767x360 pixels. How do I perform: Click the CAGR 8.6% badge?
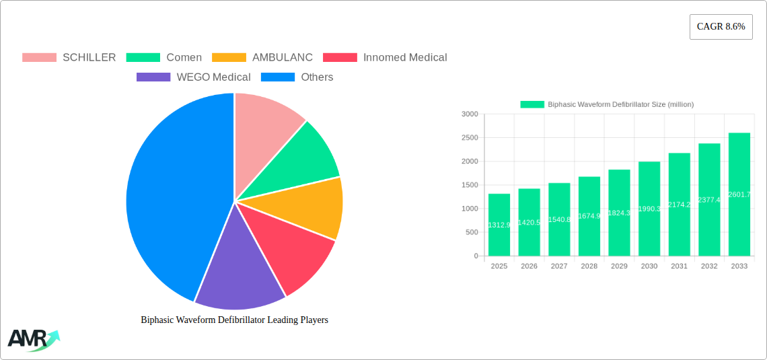pyautogui.click(x=721, y=27)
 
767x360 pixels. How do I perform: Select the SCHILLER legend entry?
pyautogui.click(x=69, y=58)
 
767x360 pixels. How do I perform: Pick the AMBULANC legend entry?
pyautogui.click(x=262, y=58)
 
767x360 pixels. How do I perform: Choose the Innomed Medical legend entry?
pyautogui.click(x=386, y=58)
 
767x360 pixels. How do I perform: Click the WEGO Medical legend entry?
pyautogui.click(x=194, y=77)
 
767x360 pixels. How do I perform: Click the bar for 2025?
pyautogui.click(x=499, y=225)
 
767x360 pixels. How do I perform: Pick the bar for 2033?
pyautogui.click(x=739, y=194)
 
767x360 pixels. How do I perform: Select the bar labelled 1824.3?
pyautogui.click(x=619, y=213)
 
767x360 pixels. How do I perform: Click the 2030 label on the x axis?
pyautogui.click(x=649, y=266)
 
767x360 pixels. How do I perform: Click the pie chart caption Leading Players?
pyautogui.click(x=234, y=320)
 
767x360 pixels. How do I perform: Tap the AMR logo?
pyautogui.click(x=32, y=340)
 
